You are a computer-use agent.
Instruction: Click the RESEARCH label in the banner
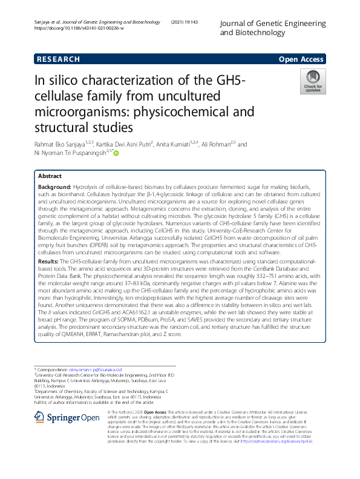click(x=59, y=59)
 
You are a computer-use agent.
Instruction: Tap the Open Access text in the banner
click(x=301, y=59)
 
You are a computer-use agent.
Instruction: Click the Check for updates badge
click(x=313, y=82)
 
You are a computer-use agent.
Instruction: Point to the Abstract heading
click(x=50, y=175)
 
